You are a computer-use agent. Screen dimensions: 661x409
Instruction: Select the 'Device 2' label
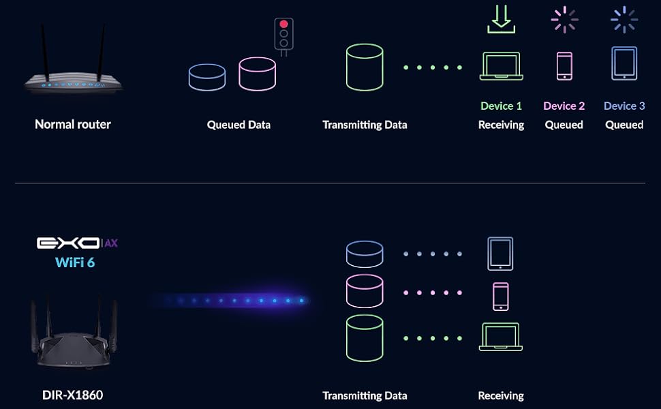point(564,106)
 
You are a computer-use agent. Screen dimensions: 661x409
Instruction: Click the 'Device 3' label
point(624,106)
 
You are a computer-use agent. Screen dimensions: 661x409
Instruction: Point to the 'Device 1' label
point(501,106)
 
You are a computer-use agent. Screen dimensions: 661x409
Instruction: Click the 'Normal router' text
point(73,124)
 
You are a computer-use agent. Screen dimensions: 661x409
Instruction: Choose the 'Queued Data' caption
point(239,125)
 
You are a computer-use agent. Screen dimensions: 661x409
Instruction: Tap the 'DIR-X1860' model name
point(73,395)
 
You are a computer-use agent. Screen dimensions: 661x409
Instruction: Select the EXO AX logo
point(77,243)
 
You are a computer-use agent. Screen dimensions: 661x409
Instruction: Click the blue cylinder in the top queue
point(207,77)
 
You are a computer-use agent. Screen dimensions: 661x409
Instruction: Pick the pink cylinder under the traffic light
point(257,74)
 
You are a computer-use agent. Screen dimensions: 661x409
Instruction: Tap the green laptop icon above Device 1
point(501,66)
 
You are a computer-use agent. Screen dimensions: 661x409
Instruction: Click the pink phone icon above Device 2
point(564,66)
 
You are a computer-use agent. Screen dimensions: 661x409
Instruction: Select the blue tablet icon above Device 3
point(624,63)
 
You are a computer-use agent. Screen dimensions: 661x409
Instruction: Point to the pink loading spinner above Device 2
point(564,20)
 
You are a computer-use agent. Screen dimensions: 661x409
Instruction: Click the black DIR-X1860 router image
point(74,334)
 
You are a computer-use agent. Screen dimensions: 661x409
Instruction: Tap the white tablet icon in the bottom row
point(500,254)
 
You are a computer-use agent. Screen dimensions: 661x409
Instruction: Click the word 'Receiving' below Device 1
point(501,125)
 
